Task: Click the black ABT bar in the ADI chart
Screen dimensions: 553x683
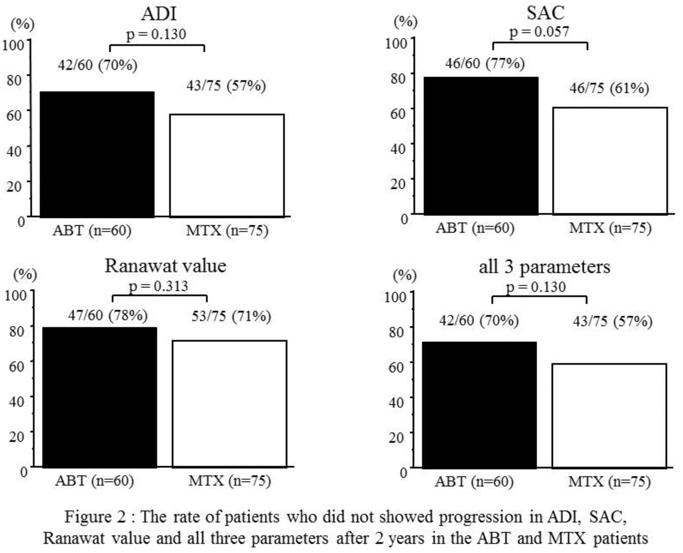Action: click(97, 154)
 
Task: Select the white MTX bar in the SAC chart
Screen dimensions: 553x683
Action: click(610, 161)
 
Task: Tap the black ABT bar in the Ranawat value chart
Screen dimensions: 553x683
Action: click(100, 397)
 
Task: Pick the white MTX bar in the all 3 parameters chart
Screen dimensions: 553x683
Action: click(609, 416)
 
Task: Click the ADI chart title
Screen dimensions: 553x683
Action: click(158, 14)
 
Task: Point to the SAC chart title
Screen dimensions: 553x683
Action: click(545, 13)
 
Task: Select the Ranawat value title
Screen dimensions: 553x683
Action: click(165, 266)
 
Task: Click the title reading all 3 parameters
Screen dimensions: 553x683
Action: click(544, 267)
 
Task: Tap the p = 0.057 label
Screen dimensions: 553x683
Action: click(539, 32)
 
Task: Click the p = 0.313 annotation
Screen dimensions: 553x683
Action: click(158, 286)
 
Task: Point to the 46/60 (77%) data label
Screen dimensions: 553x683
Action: click(485, 63)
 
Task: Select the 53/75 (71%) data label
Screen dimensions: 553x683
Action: click(231, 316)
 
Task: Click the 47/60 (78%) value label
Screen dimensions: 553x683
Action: click(108, 315)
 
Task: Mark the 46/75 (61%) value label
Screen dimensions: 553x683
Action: click(609, 88)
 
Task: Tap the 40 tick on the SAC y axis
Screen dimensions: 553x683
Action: click(397, 149)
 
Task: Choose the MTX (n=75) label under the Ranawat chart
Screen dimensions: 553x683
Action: click(230, 480)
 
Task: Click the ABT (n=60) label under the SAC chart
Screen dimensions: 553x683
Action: click(475, 228)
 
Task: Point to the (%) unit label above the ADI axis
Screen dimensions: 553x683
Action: click(23, 24)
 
